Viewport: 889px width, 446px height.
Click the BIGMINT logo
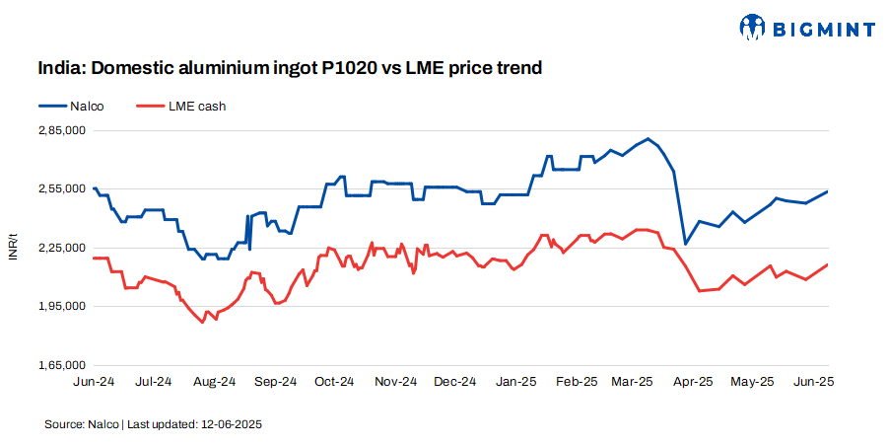coord(806,29)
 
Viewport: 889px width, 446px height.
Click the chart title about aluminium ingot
coord(291,68)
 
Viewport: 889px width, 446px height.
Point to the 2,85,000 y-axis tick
coord(61,130)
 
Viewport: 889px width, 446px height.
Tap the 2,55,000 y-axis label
coord(61,188)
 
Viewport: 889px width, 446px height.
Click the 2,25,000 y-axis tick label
coord(61,248)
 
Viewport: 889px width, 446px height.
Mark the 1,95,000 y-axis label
coord(61,306)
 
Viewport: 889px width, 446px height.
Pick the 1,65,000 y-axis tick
coord(61,365)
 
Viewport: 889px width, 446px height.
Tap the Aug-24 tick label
coord(214,381)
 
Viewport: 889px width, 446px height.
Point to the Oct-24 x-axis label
coord(335,381)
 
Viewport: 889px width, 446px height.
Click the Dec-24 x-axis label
coord(455,381)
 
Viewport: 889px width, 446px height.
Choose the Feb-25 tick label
coord(577,381)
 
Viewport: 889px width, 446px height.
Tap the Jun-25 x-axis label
coord(815,381)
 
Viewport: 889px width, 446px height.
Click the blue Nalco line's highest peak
coord(648,138)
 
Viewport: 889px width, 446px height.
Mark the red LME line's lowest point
coord(202,323)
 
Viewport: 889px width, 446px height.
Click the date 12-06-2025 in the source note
coord(231,423)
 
